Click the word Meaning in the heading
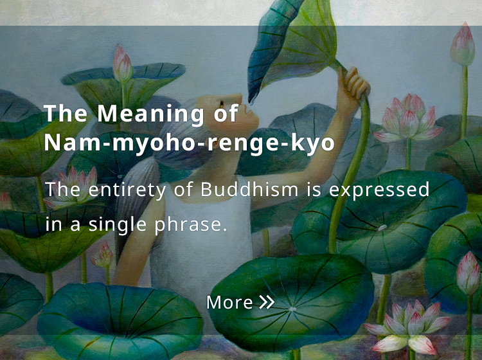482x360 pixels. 150,114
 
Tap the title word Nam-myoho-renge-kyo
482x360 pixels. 190,143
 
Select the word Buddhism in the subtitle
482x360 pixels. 249,190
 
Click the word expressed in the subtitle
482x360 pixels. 379,190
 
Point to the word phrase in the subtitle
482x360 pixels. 191,225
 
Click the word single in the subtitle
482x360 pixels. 118,225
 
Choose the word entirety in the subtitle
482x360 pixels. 127,190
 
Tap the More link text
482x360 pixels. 229,303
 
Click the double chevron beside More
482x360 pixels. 267,302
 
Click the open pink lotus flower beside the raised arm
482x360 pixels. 408,120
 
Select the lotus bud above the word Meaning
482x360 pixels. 122,64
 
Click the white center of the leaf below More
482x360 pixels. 292,309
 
